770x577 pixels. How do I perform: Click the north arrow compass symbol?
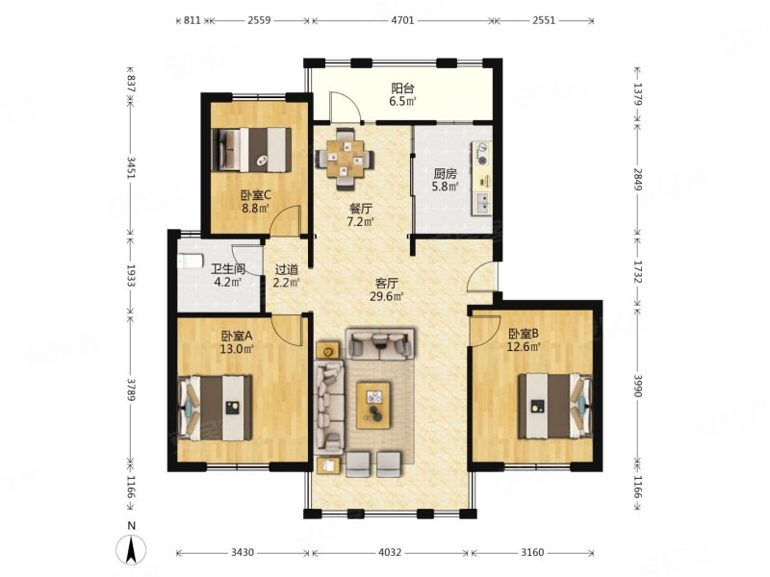coord(131,549)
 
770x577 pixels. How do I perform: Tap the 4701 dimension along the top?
coord(402,20)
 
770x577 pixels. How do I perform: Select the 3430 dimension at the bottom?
coord(243,552)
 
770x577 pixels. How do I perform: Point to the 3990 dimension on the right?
coord(637,387)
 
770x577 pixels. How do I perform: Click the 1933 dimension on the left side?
coord(131,275)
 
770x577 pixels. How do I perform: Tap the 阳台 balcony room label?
coord(402,88)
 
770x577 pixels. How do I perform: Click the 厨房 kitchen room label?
coord(445,174)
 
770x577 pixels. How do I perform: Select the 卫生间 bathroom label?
coord(228,269)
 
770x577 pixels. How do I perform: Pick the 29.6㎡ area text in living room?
coord(387,296)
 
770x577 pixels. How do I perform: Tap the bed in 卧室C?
coord(251,150)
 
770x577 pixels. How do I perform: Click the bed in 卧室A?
coord(216,408)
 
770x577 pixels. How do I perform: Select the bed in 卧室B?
coord(555,406)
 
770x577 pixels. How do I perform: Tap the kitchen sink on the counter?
coord(483,204)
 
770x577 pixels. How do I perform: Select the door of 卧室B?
coord(484,331)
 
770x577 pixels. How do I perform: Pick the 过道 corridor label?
coord(287,269)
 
